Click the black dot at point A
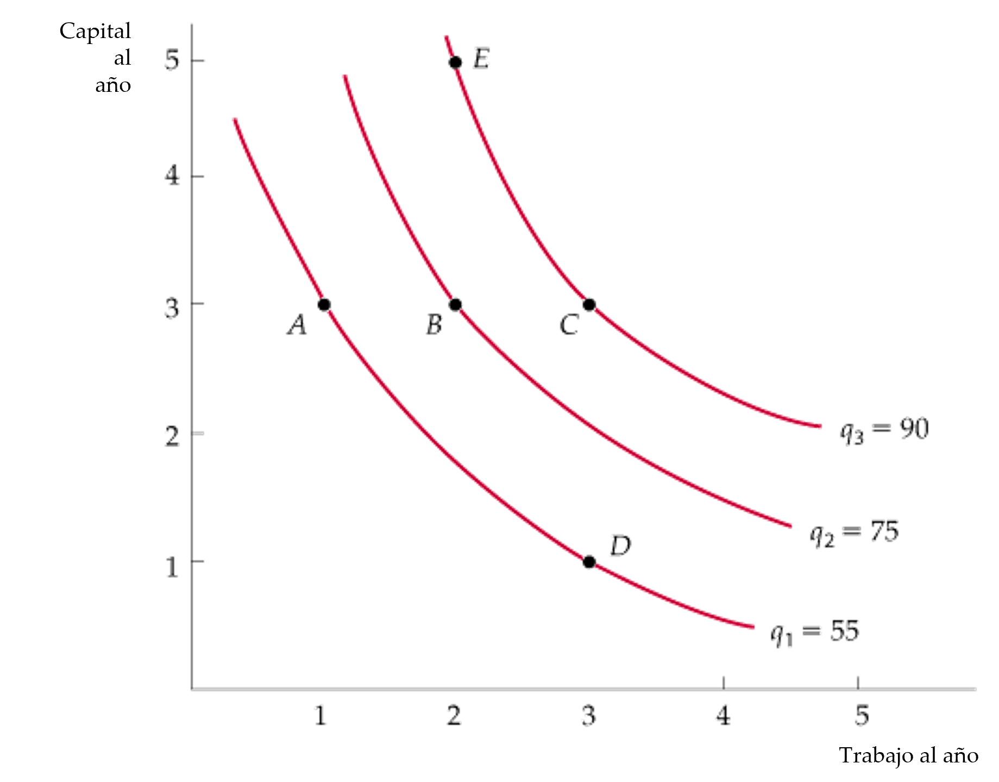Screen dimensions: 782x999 pos(324,304)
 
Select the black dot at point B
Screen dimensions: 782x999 pos(455,304)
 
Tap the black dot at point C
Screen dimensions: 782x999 pos(589,304)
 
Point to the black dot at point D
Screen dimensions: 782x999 pos(589,562)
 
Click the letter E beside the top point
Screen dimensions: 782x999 pos(481,58)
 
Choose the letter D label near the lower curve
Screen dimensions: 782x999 pos(619,545)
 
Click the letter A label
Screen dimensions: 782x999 pos(297,326)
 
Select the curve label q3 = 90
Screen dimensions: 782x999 pos(884,431)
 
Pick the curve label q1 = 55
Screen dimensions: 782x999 pos(815,634)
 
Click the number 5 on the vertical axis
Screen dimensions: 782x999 pos(172,61)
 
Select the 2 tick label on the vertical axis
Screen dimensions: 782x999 pos(172,435)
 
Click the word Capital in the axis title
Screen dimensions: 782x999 pos(95,32)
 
